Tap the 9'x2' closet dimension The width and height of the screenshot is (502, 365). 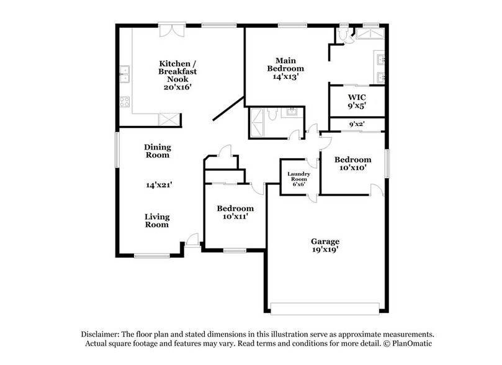(x=356, y=124)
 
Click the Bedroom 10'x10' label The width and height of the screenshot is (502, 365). (x=354, y=163)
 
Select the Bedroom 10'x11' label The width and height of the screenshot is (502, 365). (x=235, y=212)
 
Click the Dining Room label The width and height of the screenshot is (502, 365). (x=158, y=151)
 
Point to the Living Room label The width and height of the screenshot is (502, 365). (x=157, y=220)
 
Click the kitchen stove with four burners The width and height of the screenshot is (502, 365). (x=125, y=101)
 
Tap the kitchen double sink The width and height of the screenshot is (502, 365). (x=124, y=73)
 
